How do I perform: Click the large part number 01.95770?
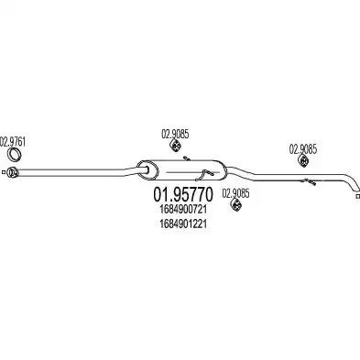[x=182, y=194]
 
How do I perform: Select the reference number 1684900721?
[x=183, y=210]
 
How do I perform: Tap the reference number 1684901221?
[x=183, y=224]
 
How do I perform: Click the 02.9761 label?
[x=13, y=142]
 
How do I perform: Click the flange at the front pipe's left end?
[x=13, y=172]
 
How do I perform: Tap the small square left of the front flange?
[x=3, y=172]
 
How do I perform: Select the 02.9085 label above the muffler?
[x=175, y=134]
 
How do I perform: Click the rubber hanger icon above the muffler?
[x=175, y=146]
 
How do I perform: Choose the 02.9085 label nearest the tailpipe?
[x=303, y=149]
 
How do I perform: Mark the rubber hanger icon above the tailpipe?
[x=303, y=161]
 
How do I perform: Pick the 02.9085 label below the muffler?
[x=235, y=193]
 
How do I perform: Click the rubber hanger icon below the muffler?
[x=235, y=205]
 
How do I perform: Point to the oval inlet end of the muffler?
[x=147, y=169]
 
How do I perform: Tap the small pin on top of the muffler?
[x=187, y=158]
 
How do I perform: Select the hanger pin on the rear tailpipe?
[x=309, y=181]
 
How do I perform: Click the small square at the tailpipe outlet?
[x=358, y=196]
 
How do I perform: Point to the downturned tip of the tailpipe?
[x=355, y=186]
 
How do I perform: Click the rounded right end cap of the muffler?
[x=222, y=169]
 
